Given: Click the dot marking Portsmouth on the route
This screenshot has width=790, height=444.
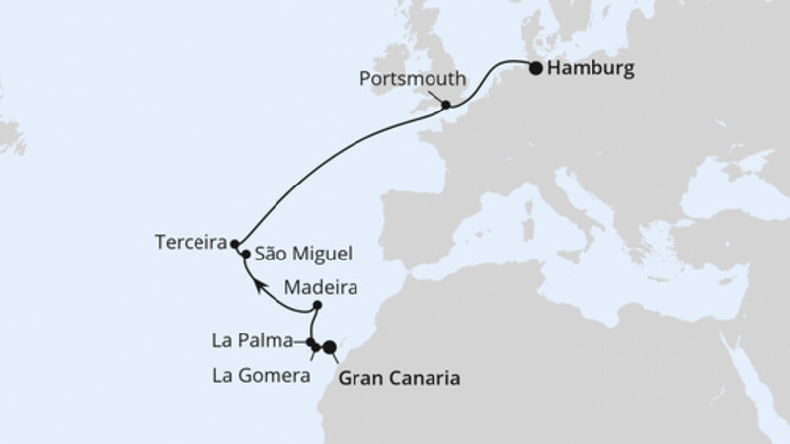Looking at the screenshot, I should click(446, 104).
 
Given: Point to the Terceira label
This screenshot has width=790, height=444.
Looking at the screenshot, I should click(190, 242).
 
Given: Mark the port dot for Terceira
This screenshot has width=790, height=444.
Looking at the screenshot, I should click(235, 242).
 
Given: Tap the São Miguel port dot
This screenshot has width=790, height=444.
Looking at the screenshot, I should click(245, 254).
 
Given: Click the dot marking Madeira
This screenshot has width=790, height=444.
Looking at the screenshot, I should click(317, 306).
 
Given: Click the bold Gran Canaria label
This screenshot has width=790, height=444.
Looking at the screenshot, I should click(399, 377).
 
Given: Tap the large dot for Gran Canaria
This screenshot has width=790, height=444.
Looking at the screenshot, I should click(330, 346).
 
